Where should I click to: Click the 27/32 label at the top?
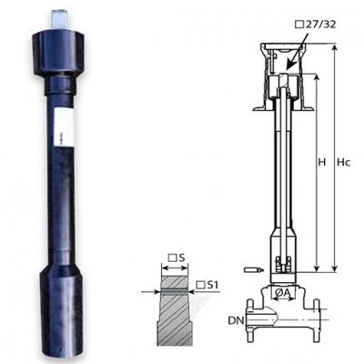316,25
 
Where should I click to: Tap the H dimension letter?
322,162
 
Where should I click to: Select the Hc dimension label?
344,163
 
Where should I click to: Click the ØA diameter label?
283,293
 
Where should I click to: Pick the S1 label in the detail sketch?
207,285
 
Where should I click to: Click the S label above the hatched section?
177,258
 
